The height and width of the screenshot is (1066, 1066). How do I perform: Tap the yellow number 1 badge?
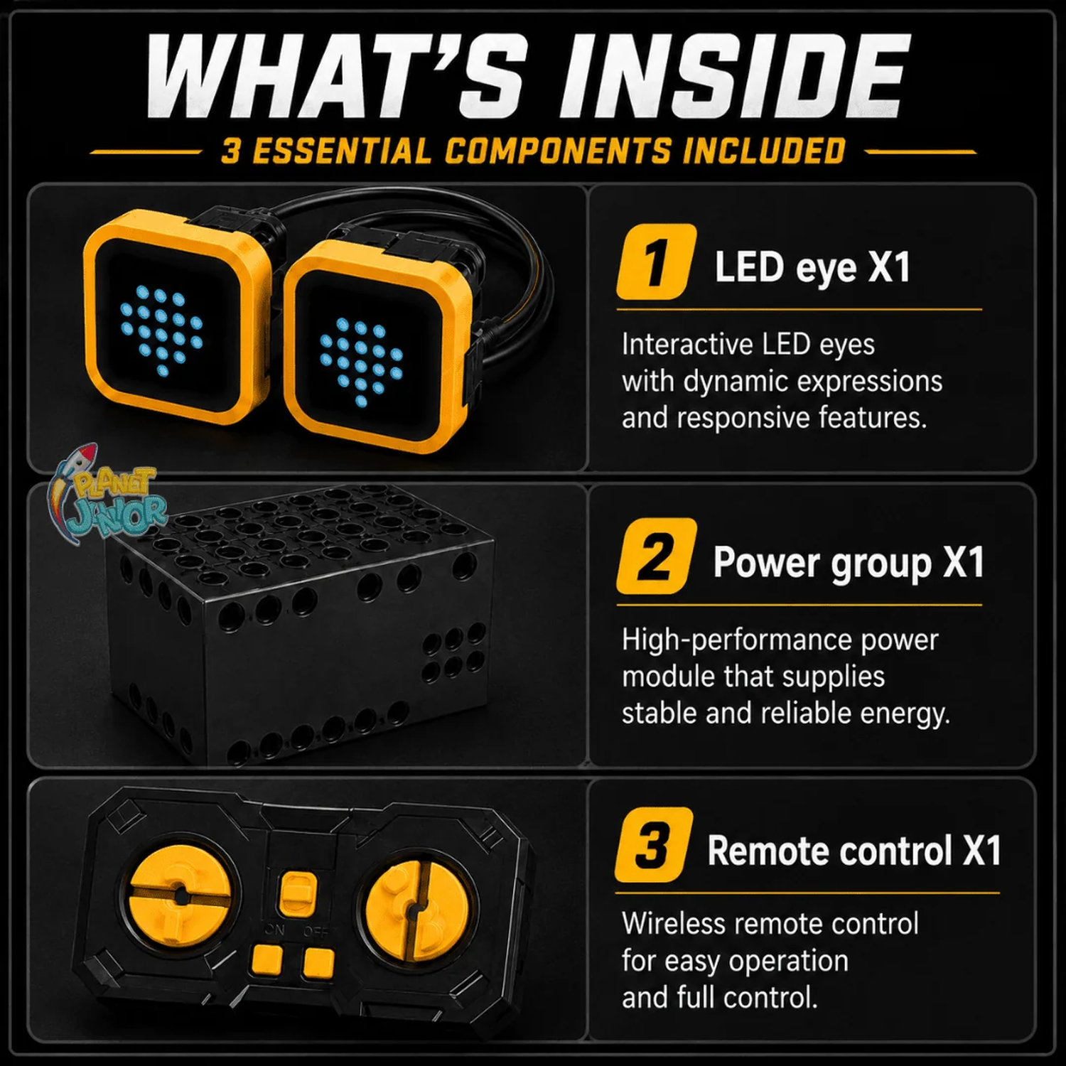[656, 262]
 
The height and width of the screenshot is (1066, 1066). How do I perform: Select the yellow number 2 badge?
[656, 556]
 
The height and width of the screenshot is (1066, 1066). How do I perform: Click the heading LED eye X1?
[812, 267]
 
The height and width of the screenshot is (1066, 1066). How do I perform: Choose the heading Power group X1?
[849, 562]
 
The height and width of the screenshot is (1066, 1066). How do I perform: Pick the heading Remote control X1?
[854, 851]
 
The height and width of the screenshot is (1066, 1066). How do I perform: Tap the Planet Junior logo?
[107, 492]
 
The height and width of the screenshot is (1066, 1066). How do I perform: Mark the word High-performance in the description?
[737, 641]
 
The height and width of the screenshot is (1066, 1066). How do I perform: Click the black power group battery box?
[298, 625]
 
